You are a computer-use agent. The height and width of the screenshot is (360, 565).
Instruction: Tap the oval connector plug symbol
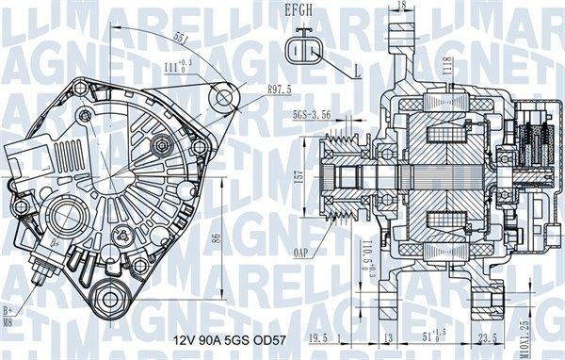click(303, 50)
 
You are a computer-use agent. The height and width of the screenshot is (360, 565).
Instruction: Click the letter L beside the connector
click(359, 72)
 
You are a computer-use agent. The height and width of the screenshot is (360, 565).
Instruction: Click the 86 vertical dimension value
click(216, 240)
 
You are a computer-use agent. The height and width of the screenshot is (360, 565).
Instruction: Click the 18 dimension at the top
click(402, 8)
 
